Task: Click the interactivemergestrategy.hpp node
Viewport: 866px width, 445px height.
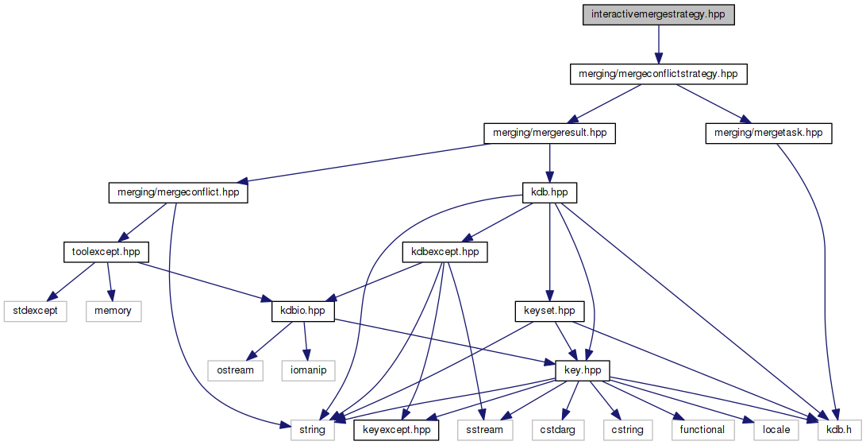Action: (658, 15)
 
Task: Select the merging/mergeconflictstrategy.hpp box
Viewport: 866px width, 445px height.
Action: (658, 74)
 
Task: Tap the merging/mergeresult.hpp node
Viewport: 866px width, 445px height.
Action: (549, 133)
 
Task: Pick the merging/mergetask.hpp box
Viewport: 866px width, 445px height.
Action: (768, 133)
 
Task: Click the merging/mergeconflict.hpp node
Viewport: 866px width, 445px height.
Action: (178, 192)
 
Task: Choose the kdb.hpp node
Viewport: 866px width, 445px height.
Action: (549, 192)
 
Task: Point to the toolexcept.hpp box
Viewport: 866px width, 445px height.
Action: (101, 252)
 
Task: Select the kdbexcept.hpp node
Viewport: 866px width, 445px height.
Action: (445, 252)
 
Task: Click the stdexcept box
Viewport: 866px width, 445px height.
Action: (36, 311)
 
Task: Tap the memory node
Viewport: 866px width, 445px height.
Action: (113, 311)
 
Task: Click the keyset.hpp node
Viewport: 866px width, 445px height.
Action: (549, 311)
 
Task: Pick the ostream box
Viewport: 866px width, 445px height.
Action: (235, 370)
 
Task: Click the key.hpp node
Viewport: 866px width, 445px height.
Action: (587, 370)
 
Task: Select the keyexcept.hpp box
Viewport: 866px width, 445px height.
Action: (396, 430)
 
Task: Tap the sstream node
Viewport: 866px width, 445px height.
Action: (485, 430)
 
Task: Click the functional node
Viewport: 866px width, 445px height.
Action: (702, 430)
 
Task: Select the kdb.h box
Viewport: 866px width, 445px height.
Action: (833, 430)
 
